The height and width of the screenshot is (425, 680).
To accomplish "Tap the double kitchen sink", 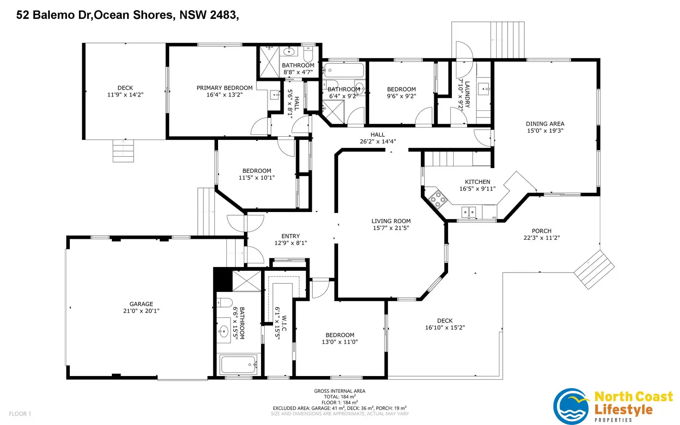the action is pyautogui.click(x=469, y=212).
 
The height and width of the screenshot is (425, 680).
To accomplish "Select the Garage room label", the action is pyautogui.click(x=141, y=304).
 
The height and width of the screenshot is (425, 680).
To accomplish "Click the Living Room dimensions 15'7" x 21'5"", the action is pyautogui.click(x=391, y=228).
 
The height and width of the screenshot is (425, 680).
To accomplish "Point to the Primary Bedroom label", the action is pyautogui.click(x=225, y=88).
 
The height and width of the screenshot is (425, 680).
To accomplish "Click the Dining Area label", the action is pyautogui.click(x=545, y=123).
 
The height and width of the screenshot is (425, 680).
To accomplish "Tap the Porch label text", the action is pyautogui.click(x=541, y=231).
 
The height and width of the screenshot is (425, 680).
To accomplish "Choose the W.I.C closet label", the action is pyautogui.click(x=284, y=323).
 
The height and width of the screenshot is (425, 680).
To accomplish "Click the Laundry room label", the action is pyautogui.click(x=467, y=94).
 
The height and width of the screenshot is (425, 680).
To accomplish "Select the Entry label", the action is pyautogui.click(x=291, y=236).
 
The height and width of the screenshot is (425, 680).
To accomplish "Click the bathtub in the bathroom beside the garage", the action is pyautogui.click(x=239, y=364).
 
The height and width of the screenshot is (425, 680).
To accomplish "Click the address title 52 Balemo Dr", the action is pyautogui.click(x=54, y=15).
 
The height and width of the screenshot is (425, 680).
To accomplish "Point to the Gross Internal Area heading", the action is pyautogui.click(x=340, y=391).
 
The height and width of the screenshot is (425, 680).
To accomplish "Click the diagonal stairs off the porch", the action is pyautogui.click(x=594, y=270).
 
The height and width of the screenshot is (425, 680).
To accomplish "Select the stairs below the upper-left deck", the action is pyautogui.click(x=123, y=151).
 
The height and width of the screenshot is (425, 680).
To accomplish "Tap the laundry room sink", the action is pyautogui.click(x=483, y=89).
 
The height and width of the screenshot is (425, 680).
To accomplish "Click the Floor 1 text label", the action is pyautogui.click(x=20, y=413).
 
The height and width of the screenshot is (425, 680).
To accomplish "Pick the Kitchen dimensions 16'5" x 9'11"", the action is pyautogui.click(x=478, y=188).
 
